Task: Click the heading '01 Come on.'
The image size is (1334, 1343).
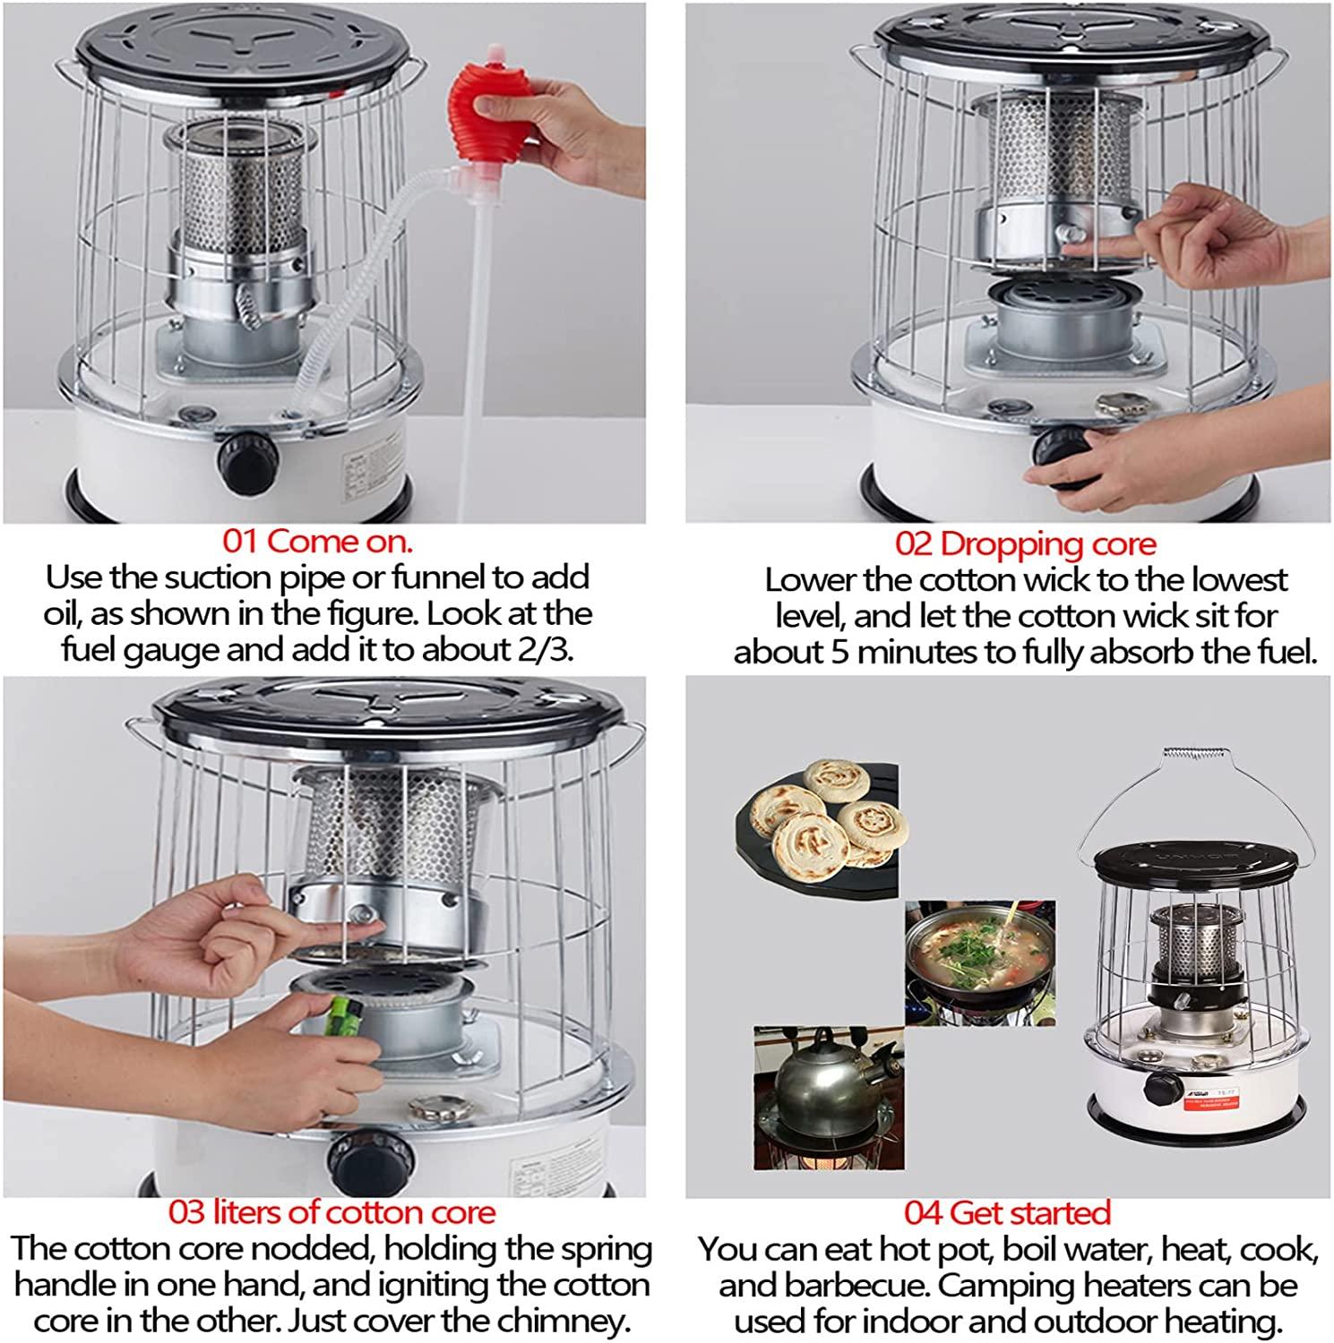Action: (x=318, y=541)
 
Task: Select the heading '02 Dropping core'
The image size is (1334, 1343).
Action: (x=1025, y=543)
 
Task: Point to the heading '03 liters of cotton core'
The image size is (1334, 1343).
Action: (x=331, y=1212)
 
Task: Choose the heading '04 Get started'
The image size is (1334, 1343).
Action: (x=1007, y=1212)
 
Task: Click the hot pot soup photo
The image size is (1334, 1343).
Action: (x=978, y=962)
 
